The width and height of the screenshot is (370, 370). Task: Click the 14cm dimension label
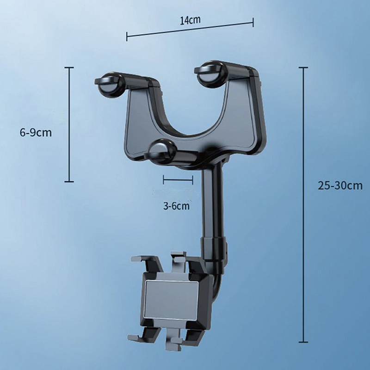point(190,20)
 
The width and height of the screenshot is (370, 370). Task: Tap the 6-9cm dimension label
point(36,133)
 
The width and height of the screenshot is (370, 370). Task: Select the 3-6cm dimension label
point(176,206)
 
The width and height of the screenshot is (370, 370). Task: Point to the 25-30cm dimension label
point(340,185)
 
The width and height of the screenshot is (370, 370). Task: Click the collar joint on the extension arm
point(214,251)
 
